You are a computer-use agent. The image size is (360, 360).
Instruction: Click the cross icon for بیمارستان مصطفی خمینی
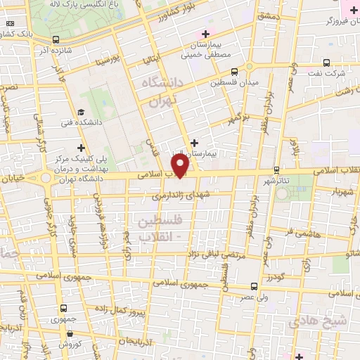205,33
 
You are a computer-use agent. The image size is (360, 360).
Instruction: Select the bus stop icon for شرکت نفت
325,63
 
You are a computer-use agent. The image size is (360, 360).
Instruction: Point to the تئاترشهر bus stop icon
276,169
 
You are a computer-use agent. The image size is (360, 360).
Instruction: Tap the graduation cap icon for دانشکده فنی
81,112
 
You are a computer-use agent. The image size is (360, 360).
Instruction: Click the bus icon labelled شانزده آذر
56,40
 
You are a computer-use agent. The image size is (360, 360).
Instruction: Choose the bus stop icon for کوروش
63,334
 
